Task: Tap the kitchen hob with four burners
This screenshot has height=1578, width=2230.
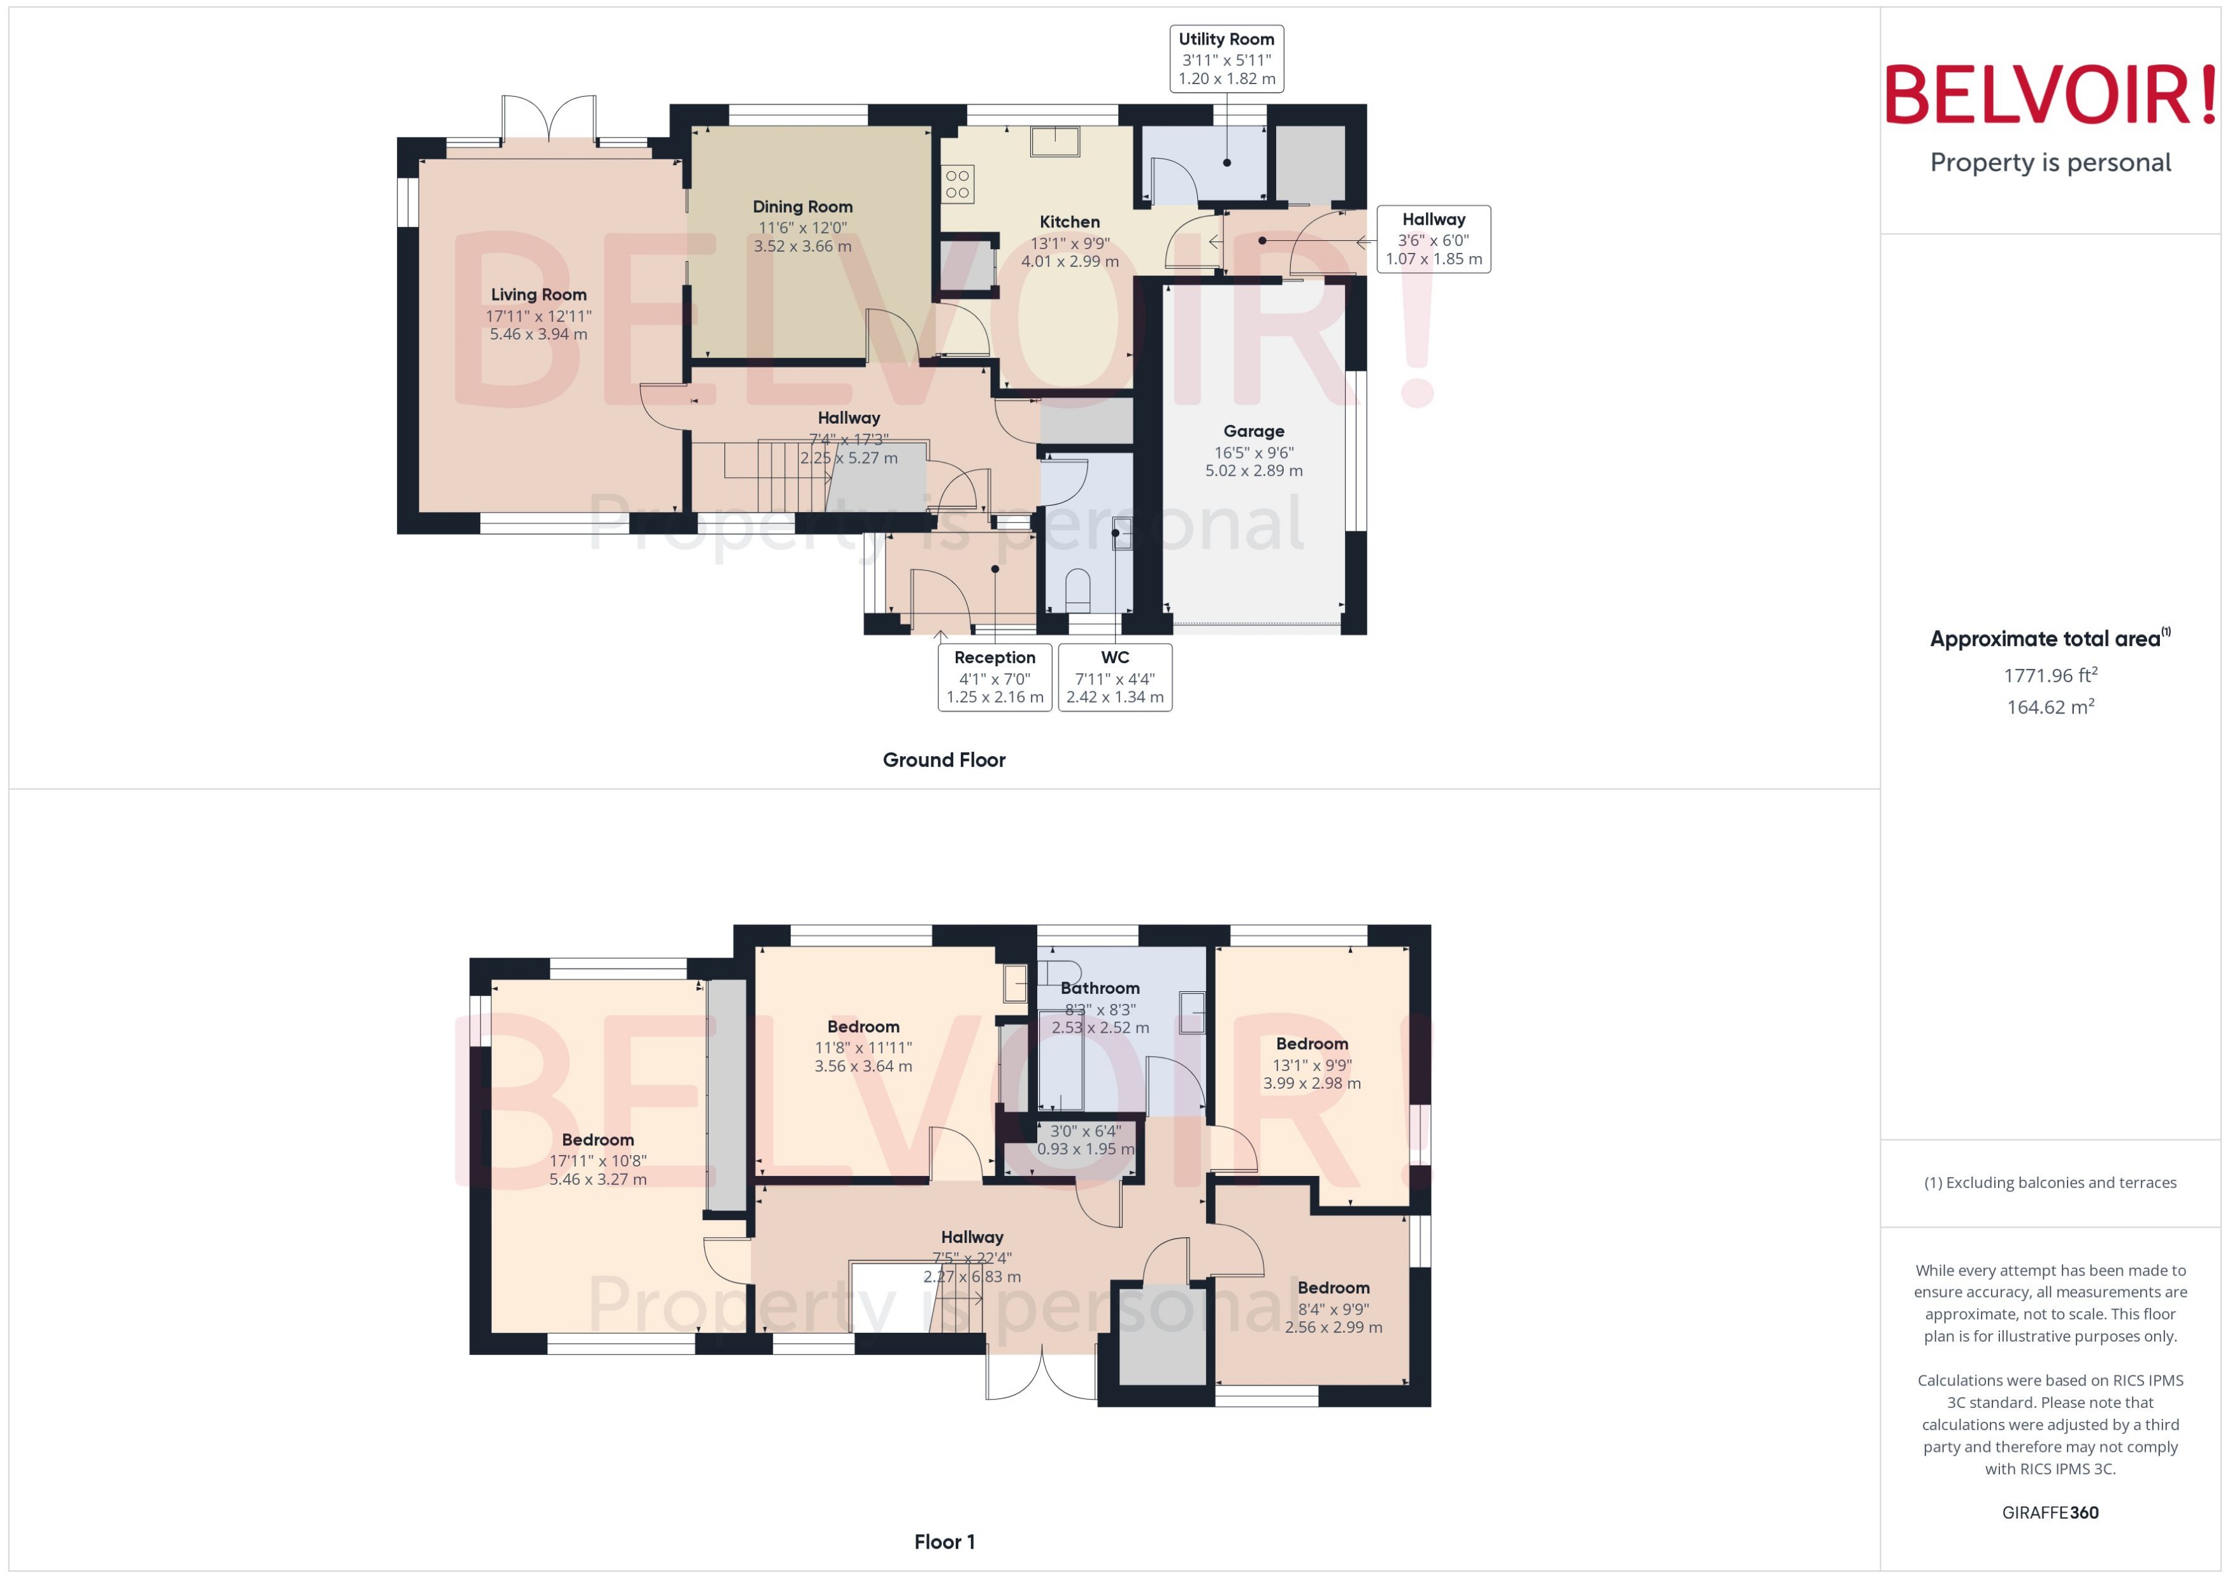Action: (957, 183)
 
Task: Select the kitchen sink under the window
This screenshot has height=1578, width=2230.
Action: (1054, 142)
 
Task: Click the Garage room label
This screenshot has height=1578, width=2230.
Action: (1253, 431)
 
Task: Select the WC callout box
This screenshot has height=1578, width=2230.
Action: (1114, 677)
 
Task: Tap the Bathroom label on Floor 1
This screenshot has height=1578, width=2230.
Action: (1099, 987)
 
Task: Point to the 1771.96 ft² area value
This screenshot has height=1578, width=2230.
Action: (2049, 675)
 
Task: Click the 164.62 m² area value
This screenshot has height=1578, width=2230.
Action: (2049, 707)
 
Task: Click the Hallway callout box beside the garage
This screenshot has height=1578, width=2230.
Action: (1432, 238)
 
